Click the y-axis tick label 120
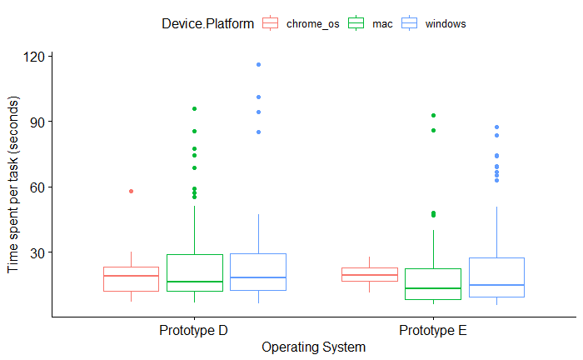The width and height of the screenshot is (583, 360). (x=34, y=57)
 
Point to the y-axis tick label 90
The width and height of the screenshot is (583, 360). (x=37, y=122)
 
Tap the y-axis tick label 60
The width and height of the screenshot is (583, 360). (x=37, y=187)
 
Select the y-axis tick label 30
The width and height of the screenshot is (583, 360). (x=37, y=253)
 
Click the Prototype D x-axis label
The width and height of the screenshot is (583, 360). (x=193, y=330)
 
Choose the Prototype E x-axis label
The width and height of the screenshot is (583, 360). (x=433, y=330)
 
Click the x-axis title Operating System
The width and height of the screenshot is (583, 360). (x=313, y=347)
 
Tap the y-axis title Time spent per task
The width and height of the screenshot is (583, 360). (x=13, y=185)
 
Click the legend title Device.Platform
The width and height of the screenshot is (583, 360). (x=208, y=24)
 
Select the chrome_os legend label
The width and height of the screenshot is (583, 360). (x=312, y=24)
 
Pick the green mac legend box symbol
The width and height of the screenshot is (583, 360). (x=356, y=23)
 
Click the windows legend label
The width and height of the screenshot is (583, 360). (x=446, y=24)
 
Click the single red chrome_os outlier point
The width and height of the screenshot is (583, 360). (x=132, y=191)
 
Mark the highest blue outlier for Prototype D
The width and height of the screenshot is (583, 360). (x=258, y=65)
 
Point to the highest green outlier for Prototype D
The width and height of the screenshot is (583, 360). (x=194, y=108)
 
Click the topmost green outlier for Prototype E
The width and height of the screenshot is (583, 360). (x=434, y=115)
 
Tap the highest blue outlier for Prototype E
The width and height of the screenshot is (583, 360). (x=496, y=127)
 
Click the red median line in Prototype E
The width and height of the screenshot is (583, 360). (x=370, y=275)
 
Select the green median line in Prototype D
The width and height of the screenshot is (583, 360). (x=195, y=282)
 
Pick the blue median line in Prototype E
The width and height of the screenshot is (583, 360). (x=496, y=285)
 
